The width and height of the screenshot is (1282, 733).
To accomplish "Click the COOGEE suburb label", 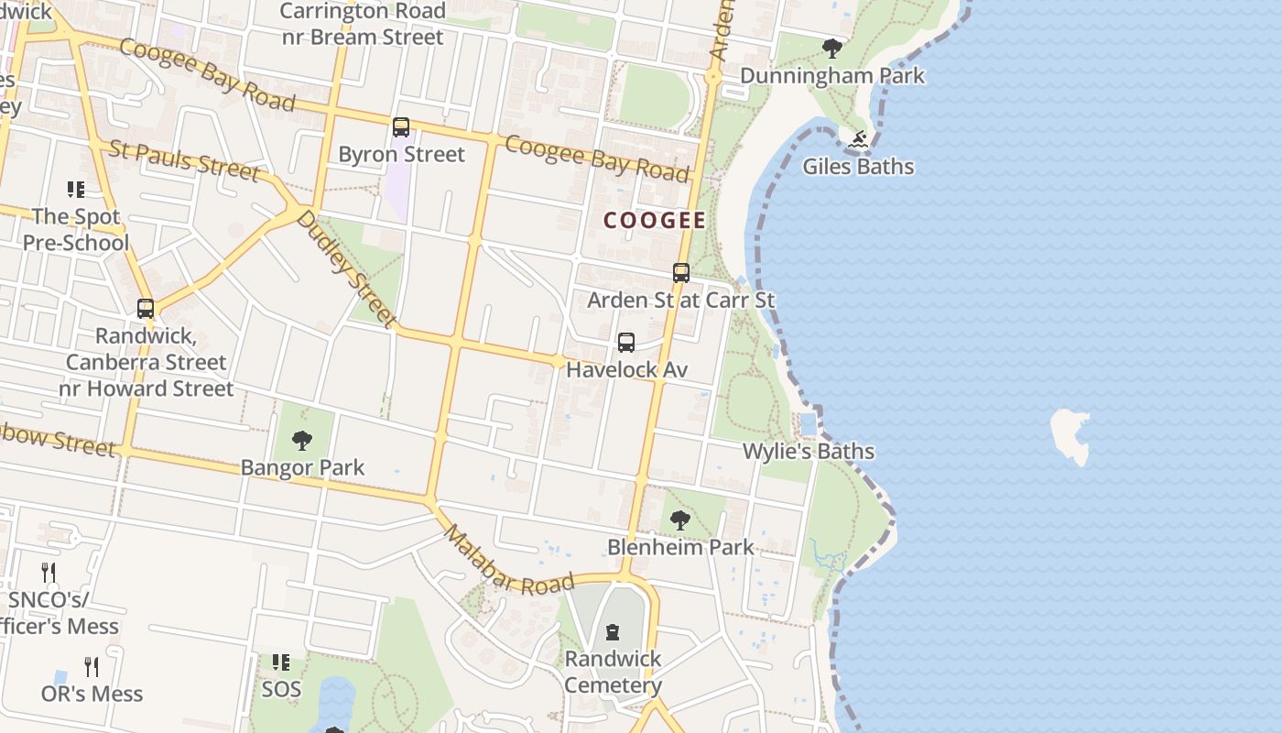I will (x=655, y=220).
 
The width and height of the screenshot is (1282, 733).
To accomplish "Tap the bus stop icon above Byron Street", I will (x=401, y=127).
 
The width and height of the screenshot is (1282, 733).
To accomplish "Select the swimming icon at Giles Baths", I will (x=858, y=140).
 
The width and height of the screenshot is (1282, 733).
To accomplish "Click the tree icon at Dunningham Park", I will (x=831, y=49).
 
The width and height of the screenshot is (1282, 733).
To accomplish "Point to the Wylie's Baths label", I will (x=808, y=452).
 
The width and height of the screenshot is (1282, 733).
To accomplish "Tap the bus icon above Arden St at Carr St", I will (x=680, y=273).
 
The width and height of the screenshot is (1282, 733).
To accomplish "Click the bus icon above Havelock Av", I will (x=626, y=343).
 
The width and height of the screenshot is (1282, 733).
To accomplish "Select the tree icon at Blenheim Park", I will (x=679, y=520).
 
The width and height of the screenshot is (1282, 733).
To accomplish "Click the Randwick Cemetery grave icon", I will (x=613, y=632).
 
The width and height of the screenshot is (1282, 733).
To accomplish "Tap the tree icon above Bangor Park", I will (x=302, y=441).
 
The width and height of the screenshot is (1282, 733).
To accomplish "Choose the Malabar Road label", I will (x=508, y=561).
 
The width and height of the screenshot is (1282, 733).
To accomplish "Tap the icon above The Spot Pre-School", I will (x=76, y=190).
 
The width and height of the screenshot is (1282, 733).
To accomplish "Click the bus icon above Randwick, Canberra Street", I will (x=146, y=309).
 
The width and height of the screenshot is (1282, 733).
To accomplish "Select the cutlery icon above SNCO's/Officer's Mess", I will (x=49, y=574).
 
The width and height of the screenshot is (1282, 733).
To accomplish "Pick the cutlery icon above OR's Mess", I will (x=92, y=666).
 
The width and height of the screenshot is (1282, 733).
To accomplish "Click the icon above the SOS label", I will (x=281, y=662).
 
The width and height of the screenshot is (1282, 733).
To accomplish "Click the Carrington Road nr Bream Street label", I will (x=362, y=24).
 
